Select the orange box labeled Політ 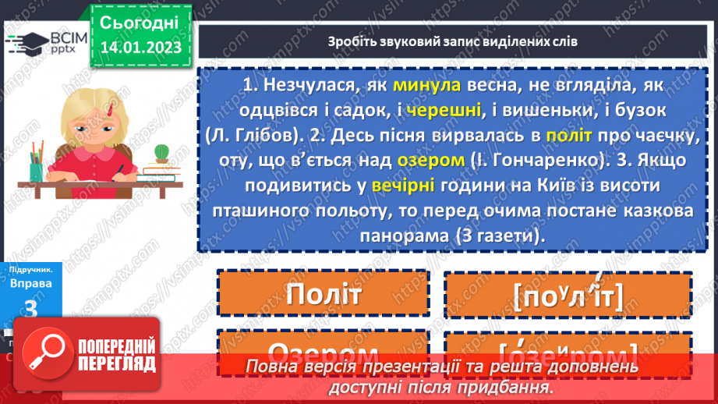324,294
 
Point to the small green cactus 162,152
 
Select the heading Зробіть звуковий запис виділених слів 453,41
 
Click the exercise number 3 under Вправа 31,309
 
